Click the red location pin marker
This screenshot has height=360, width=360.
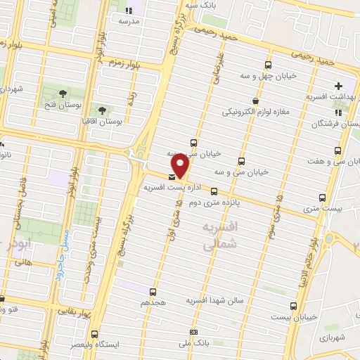180,165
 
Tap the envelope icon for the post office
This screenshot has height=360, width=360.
172,177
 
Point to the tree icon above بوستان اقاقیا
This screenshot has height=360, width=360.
102,110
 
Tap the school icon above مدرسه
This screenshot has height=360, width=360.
127,11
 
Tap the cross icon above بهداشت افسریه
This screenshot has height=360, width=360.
339,86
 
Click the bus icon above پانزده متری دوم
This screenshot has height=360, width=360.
214,191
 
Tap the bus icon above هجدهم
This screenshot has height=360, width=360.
154,291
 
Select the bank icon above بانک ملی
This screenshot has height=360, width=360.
193,331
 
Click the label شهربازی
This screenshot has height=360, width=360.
336,338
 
